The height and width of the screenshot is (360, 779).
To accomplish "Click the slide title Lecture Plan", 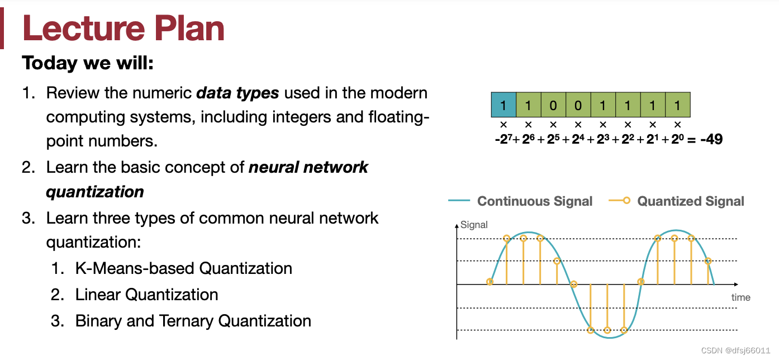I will coord(123,28).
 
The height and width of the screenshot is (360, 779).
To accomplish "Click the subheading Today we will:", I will coord(88,63).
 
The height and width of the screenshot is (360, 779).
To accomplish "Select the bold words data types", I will coord(237,93).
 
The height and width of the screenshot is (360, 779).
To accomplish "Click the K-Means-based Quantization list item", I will coord(183,268).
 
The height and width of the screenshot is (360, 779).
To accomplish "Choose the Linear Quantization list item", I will coord(146,295).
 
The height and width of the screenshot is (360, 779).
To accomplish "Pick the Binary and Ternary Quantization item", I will coord(193,321).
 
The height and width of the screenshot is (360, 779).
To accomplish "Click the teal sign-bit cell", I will coord(503,105).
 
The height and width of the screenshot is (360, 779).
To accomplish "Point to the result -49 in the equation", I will coord(711,139).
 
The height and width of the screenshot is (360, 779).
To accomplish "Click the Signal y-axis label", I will coord(474,225).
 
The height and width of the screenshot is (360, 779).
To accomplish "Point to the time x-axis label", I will coord(740,297).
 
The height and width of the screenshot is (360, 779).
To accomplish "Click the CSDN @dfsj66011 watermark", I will coord(735,350).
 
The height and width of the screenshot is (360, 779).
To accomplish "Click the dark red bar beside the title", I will coord(2,29).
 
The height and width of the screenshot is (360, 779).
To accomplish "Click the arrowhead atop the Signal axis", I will coord(457,225).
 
